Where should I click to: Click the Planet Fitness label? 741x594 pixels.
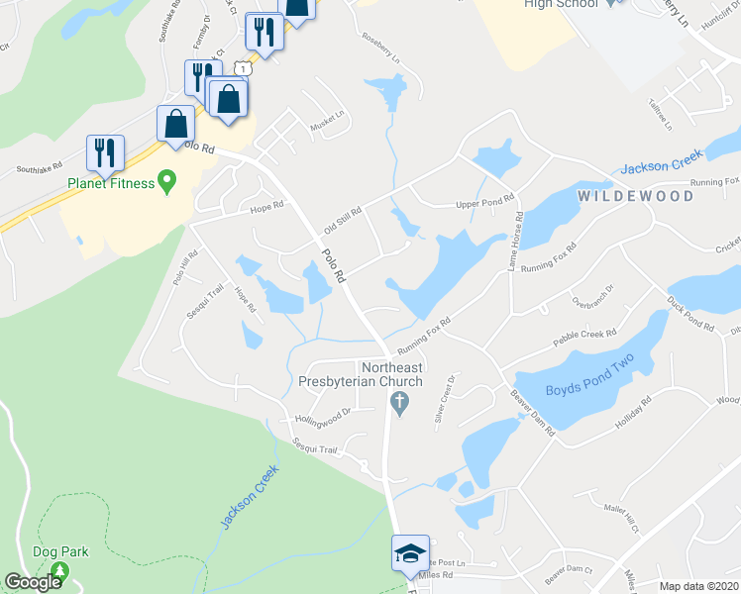pyautogui.click(x=110, y=183)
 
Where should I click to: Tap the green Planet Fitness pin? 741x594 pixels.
pyautogui.click(x=167, y=182)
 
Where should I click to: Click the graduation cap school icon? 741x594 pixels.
pyautogui.click(x=409, y=554)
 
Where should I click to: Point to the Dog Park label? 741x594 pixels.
pyautogui.click(x=60, y=551)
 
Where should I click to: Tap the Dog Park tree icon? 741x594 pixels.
pyautogui.click(x=60, y=571)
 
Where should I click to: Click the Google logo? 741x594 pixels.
pyautogui.click(x=33, y=582)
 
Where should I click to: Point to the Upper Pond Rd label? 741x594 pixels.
pyautogui.click(x=485, y=204)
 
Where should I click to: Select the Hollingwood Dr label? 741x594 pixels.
pyautogui.click(x=322, y=418)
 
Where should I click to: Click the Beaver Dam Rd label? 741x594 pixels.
pyautogui.click(x=532, y=414)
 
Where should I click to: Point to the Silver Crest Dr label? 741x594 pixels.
pyautogui.click(x=443, y=399)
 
